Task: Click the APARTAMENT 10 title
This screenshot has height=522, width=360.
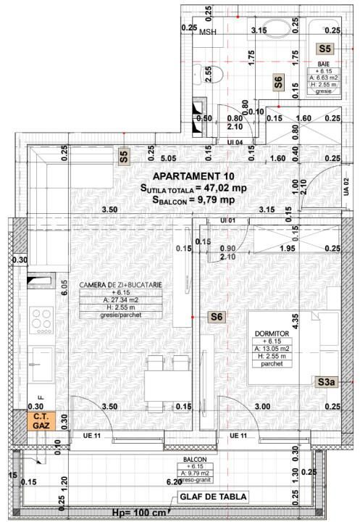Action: (x=193, y=175)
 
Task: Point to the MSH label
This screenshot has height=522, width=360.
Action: (x=208, y=33)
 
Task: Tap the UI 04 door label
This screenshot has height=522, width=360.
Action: (x=234, y=143)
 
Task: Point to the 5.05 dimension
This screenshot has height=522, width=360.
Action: (x=169, y=157)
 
